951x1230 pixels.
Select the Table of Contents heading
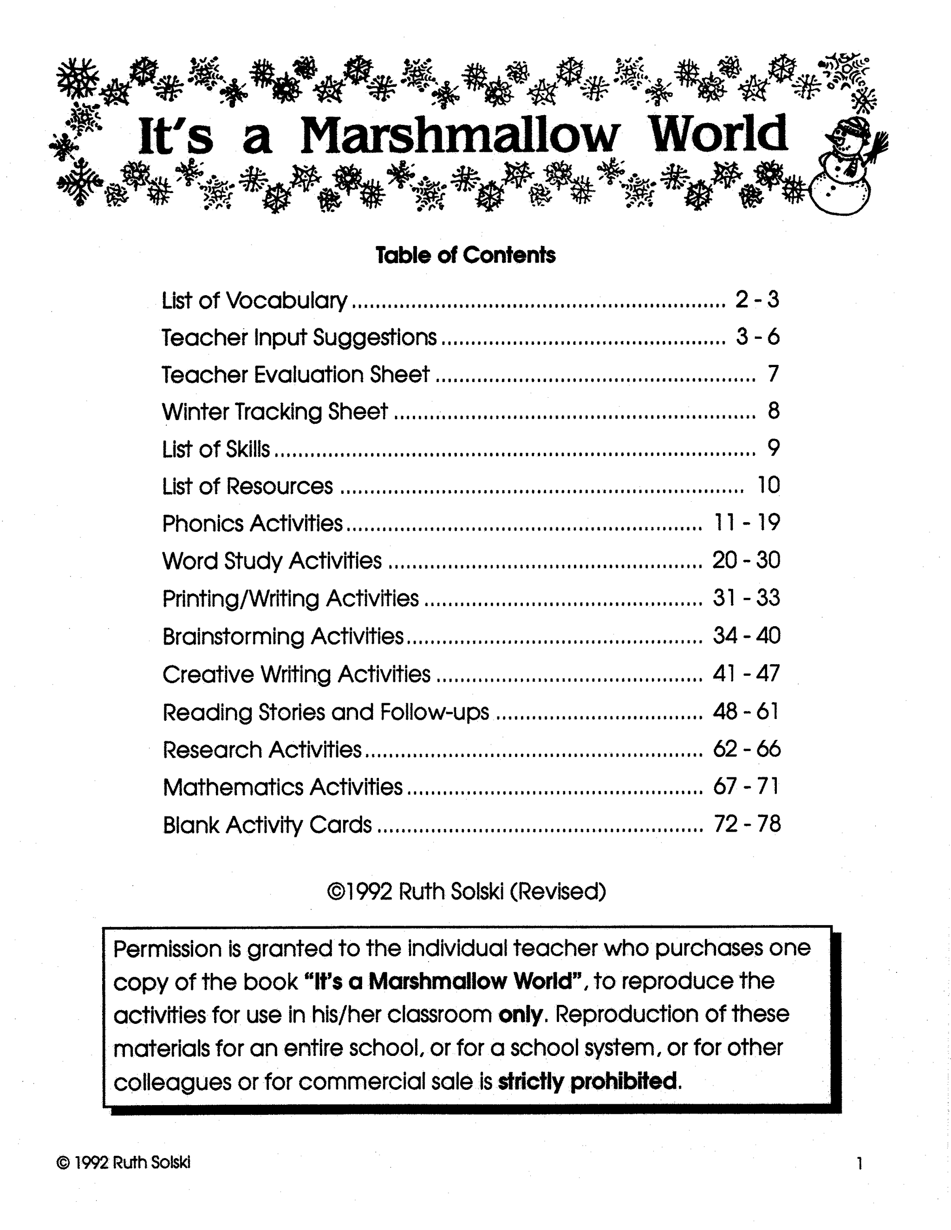tap(465, 255)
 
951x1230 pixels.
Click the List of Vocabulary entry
tap(254, 300)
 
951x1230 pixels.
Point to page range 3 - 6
tap(757, 337)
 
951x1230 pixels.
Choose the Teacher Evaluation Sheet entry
tap(295, 375)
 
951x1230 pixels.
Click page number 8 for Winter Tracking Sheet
tap(773, 411)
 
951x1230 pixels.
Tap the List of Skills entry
tap(216, 449)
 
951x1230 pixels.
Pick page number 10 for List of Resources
tap(769, 486)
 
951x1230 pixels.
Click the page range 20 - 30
tap(746, 560)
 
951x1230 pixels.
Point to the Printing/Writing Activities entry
tap(290, 598)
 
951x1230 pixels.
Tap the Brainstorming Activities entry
tap(283, 636)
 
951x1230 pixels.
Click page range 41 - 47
tap(746, 673)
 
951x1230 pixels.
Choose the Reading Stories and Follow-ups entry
tap(326, 712)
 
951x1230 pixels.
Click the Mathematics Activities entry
tap(282, 787)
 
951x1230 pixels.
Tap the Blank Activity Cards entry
tap(267, 824)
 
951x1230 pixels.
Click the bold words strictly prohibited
tap(587, 1081)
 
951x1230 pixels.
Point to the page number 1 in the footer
tap(859, 1164)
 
